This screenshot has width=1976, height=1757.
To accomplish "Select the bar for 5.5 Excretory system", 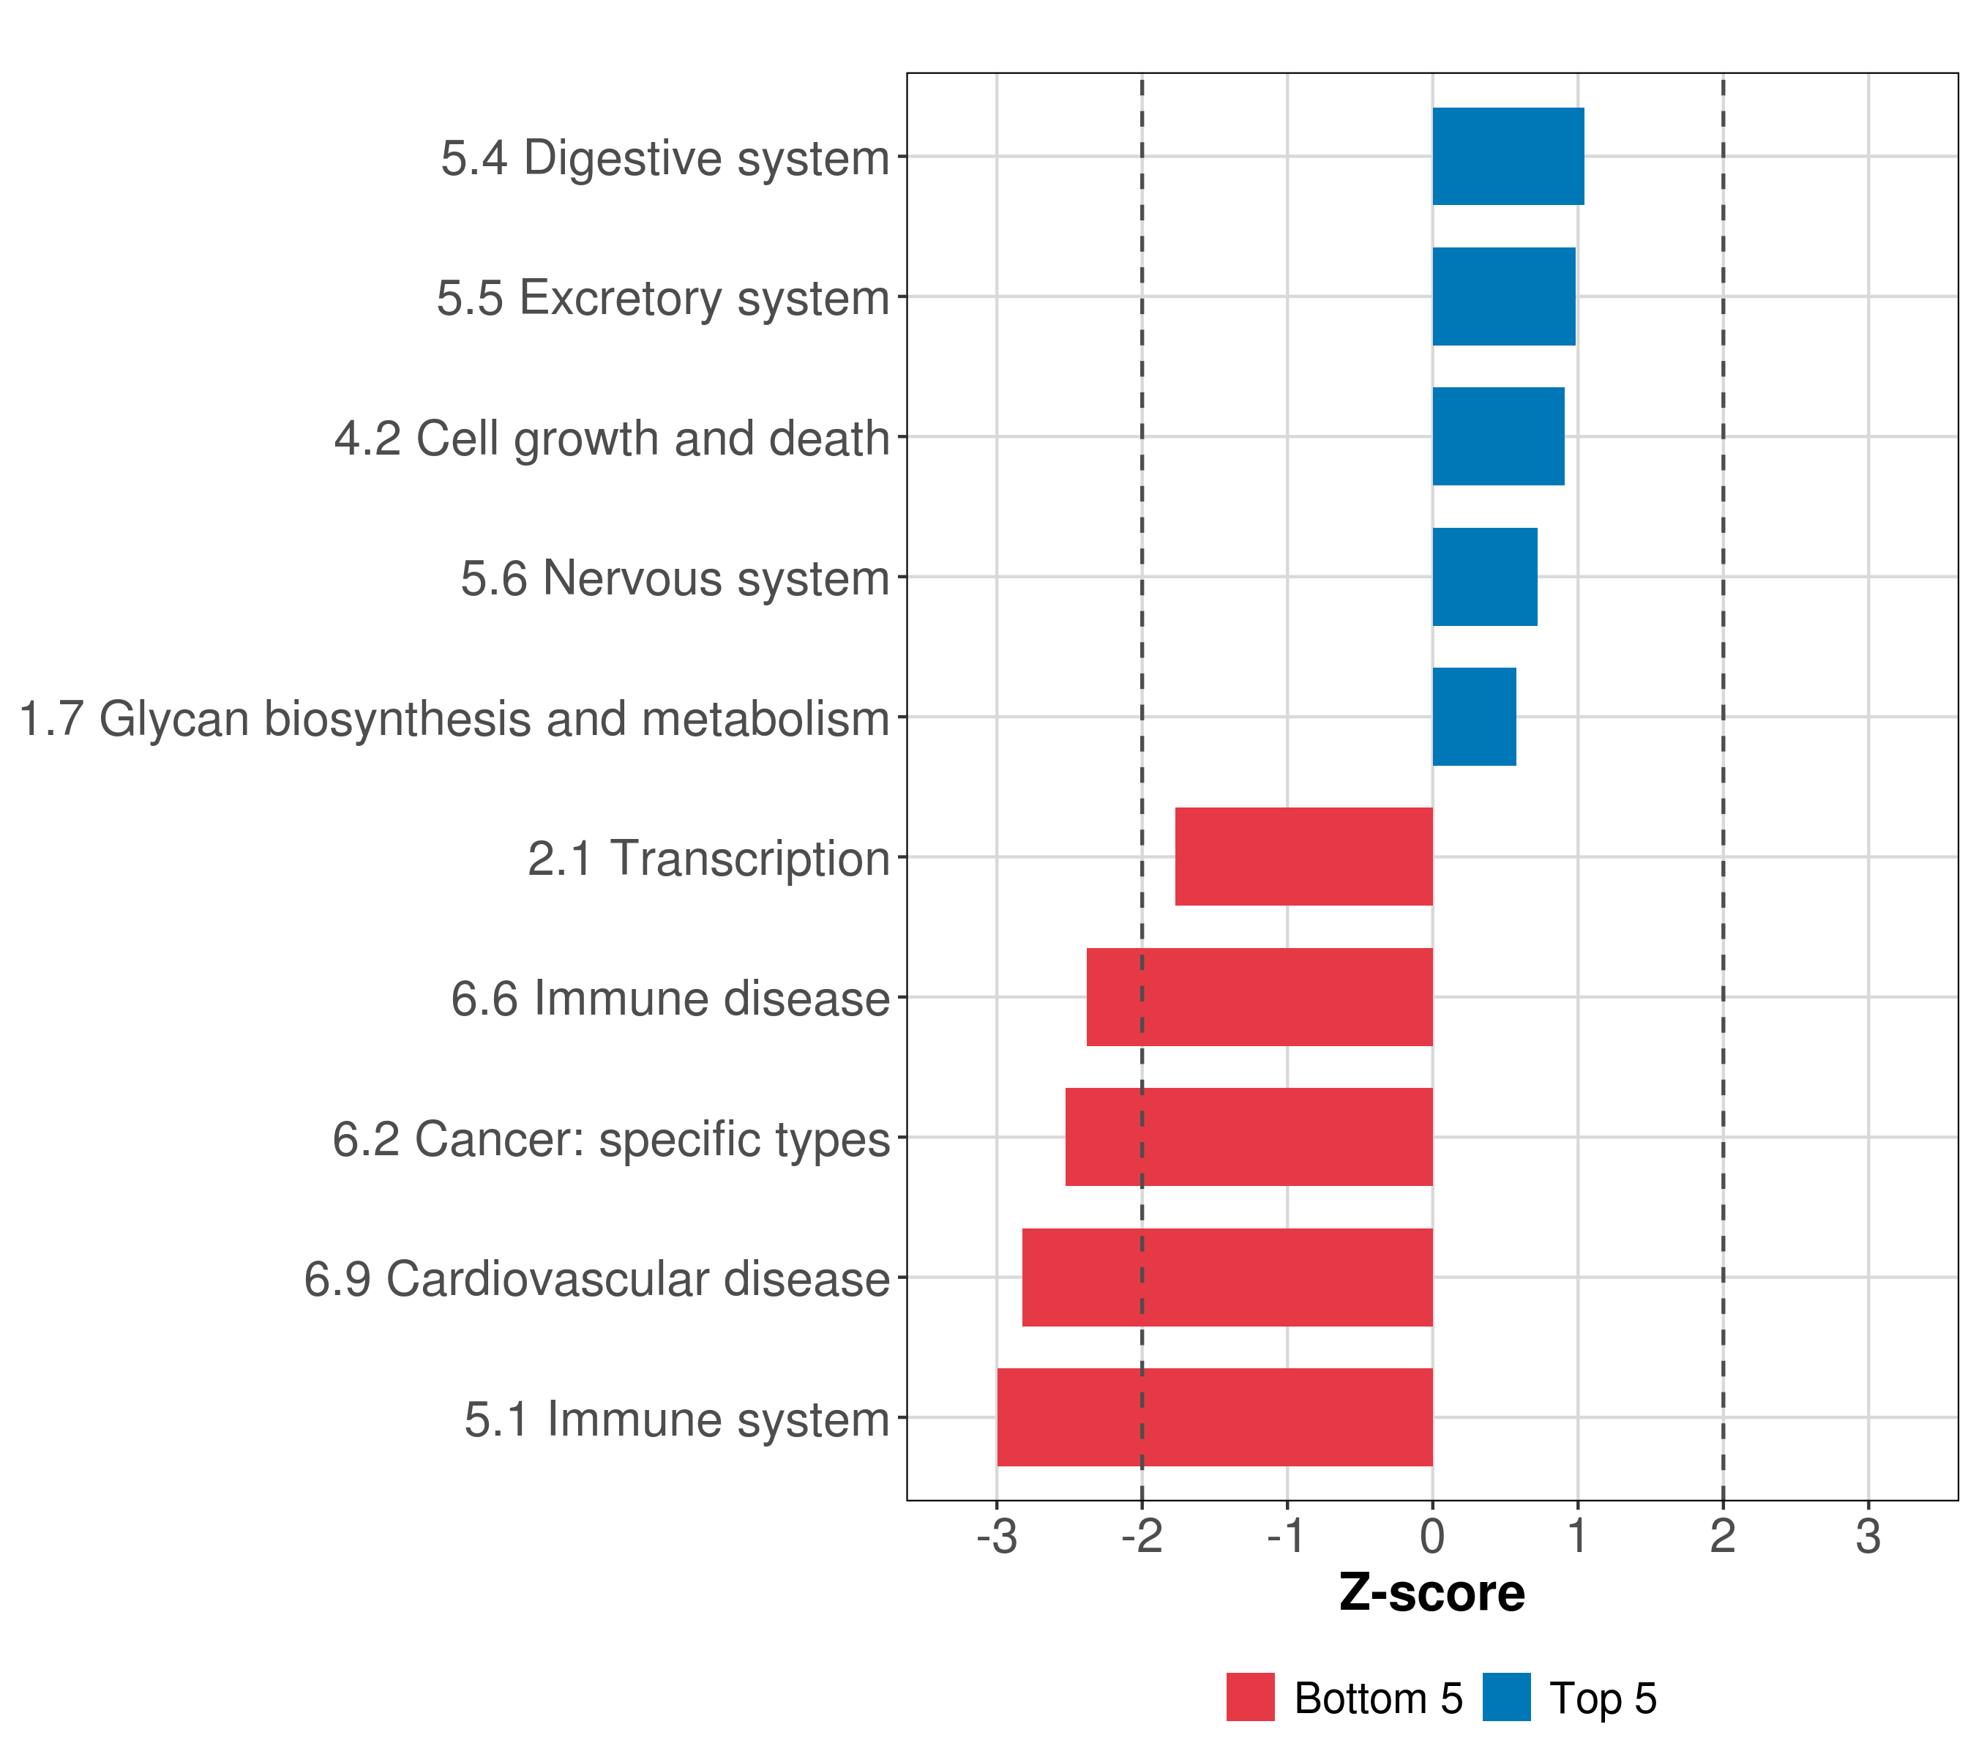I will click(x=1503, y=297).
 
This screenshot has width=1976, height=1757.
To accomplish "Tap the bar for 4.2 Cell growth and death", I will click(x=1497, y=436).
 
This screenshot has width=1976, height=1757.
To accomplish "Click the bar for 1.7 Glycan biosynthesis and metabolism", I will click(x=1473, y=717).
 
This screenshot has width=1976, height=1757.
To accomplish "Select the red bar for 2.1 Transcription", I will click(x=1303, y=857).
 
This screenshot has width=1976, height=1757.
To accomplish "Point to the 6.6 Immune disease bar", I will click(x=1259, y=997).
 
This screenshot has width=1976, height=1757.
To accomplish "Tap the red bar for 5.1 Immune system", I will click(x=1214, y=1417).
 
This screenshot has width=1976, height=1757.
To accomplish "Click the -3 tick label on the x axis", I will click(x=997, y=1537).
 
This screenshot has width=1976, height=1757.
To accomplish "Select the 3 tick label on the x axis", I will click(x=1868, y=1537).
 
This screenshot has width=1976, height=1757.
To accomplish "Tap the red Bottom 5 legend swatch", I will click(x=1250, y=1697).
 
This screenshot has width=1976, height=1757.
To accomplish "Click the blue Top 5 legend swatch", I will click(x=1506, y=1697).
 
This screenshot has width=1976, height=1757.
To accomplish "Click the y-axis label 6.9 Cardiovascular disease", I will click(x=596, y=1279).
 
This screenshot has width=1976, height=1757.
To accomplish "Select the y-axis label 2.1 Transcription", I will click(x=708, y=859).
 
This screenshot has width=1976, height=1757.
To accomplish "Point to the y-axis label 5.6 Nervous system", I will click(x=675, y=578).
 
